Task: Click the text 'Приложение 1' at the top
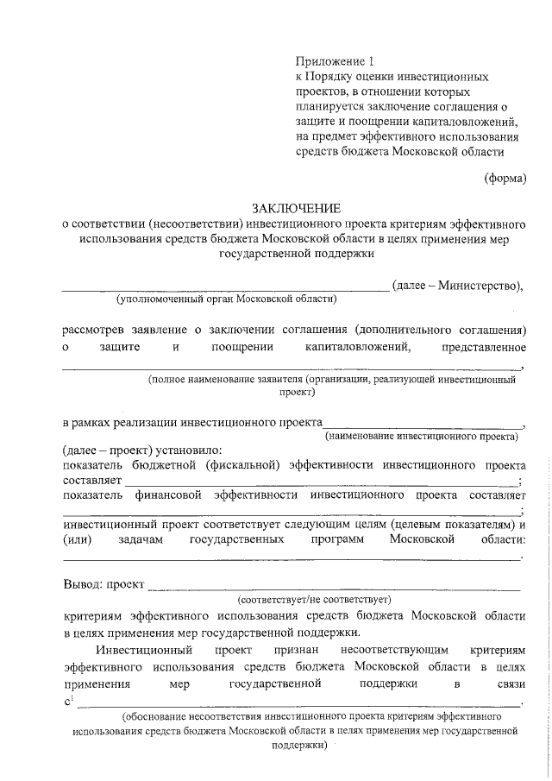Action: point(336,60)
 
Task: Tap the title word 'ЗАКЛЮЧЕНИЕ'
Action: point(296,208)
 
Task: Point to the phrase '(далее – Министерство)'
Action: point(456,285)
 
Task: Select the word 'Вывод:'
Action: point(84,583)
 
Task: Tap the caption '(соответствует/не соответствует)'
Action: point(315,598)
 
